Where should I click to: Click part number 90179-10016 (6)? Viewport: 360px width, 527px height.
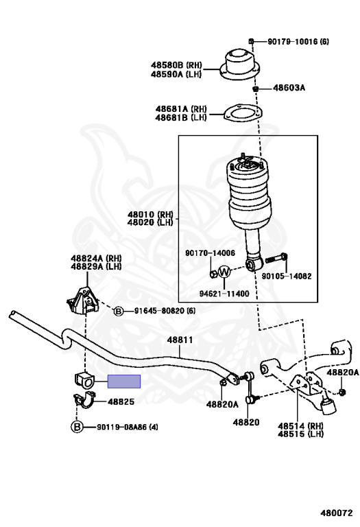pos(298,42)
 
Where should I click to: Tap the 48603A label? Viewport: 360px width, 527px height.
pos(289,88)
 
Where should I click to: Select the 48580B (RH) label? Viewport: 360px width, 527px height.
pos(176,65)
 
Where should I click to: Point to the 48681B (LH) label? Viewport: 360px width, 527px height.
pos(180,117)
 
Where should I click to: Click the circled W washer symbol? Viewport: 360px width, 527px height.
pos(225,271)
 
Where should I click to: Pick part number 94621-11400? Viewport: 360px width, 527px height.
pos(224,294)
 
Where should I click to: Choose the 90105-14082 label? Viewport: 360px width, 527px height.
pos(287,277)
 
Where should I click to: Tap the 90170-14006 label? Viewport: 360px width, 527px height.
pos(210,253)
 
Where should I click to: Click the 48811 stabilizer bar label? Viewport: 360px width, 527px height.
pos(180,340)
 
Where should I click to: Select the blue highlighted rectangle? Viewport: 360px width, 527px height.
pos(124,382)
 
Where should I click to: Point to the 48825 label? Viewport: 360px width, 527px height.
pos(121,401)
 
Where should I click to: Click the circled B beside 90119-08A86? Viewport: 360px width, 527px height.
pos(77,428)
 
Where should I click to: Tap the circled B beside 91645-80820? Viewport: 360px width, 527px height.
pos(119,312)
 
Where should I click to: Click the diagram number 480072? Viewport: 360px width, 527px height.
pos(336,513)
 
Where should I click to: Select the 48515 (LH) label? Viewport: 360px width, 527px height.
pos(301,434)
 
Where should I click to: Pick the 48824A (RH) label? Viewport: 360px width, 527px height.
pos(96,259)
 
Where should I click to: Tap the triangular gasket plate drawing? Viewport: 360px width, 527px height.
pos(243,113)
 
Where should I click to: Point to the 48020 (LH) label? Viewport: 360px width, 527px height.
pos(150,222)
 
